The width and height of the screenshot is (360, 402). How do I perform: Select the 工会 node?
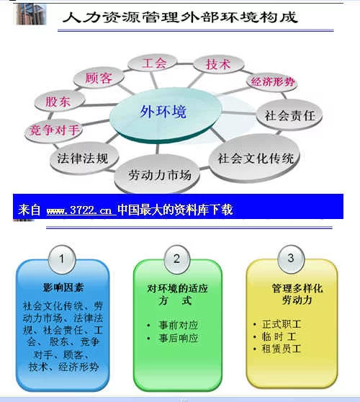[153, 63]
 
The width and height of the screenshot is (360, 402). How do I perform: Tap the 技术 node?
[219, 64]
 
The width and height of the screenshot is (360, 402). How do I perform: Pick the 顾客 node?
[99, 77]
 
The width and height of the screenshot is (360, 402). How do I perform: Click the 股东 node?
[60, 102]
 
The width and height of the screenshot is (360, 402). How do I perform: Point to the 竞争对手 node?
[53, 130]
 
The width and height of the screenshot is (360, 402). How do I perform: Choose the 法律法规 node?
[84, 158]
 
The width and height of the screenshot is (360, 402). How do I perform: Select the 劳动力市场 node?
[157, 174]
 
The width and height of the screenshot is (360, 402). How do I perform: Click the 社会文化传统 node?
[254, 158]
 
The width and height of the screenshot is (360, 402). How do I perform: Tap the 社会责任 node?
[289, 115]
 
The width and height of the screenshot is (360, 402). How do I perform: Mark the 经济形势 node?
[272, 82]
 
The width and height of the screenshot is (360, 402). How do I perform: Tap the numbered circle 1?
[62, 259]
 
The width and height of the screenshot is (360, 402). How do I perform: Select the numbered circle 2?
[177, 259]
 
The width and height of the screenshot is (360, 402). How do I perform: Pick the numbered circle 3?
[291, 259]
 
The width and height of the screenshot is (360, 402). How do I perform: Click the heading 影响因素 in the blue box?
[63, 287]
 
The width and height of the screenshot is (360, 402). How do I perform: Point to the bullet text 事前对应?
[178, 325]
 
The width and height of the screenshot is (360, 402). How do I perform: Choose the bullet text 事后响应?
[178, 338]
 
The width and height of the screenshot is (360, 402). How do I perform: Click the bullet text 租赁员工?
[281, 349]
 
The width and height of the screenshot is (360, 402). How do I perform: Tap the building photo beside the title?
[31, 14]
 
